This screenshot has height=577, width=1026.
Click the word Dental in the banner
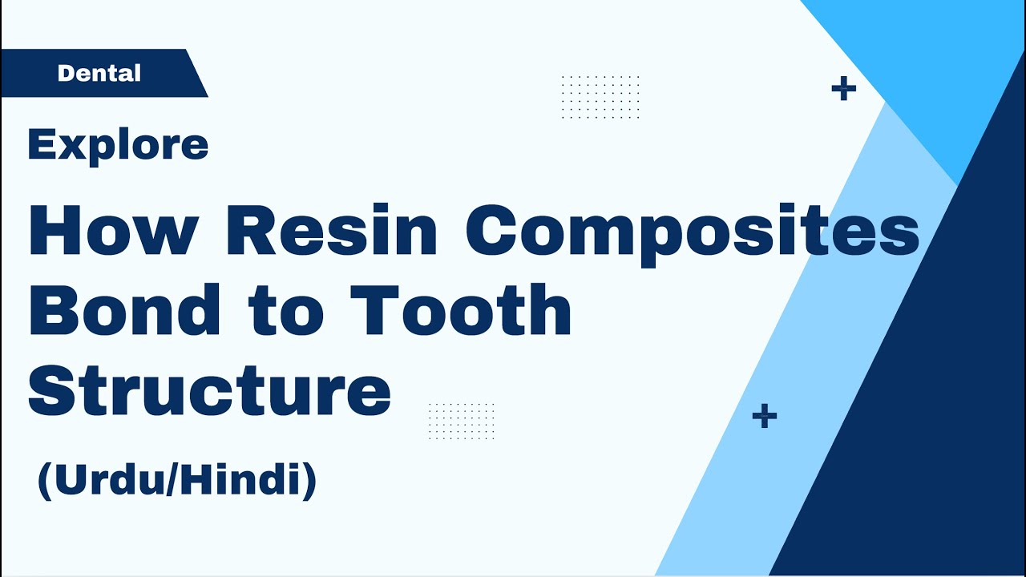tap(99, 74)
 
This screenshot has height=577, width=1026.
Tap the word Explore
tap(118, 145)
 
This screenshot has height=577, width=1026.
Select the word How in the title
tap(113, 231)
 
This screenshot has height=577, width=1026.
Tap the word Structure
tap(210, 391)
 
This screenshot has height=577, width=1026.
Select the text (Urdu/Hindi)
tap(177, 480)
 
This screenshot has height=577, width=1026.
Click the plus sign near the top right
tap(843, 89)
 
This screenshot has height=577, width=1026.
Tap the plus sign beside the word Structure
tap(765, 416)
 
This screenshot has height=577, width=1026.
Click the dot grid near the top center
tap(600, 97)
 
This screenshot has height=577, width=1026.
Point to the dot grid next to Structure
tap(462, 422)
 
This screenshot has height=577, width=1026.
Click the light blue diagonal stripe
tap(802, 361)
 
